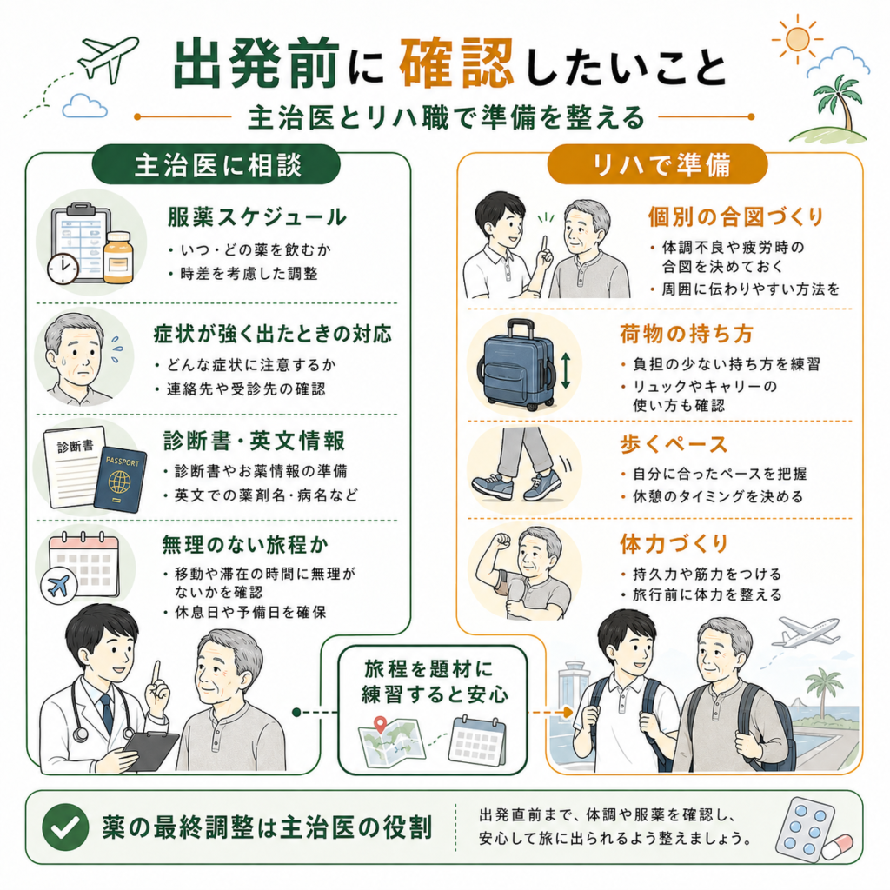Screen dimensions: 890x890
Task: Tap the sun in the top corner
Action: coord(798,38)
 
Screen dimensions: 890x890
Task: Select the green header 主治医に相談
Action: coord(216,165)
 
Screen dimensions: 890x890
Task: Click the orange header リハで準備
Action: coord(658,164)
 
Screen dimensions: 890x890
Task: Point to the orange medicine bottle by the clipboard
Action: coord(118,257)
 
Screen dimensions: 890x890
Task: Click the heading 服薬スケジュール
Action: coord(256,216)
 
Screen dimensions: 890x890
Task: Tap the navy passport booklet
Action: coord(120,480)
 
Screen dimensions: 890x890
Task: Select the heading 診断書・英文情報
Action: coord(254,441)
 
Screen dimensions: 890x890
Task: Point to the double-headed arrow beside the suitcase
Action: coord(565,370)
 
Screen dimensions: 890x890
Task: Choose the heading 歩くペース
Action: coord(674,444)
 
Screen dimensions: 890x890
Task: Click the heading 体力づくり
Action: coord(674,543)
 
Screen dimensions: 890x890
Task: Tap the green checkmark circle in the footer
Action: coord(65,827)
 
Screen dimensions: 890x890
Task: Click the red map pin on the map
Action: coord(381,725)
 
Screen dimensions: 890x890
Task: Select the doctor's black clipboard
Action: coord(150,750)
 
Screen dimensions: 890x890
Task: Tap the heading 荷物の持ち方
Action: coord(687,334)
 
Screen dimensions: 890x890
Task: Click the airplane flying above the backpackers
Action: coord(806,632)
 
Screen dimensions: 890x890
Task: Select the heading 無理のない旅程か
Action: coord(245,544)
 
